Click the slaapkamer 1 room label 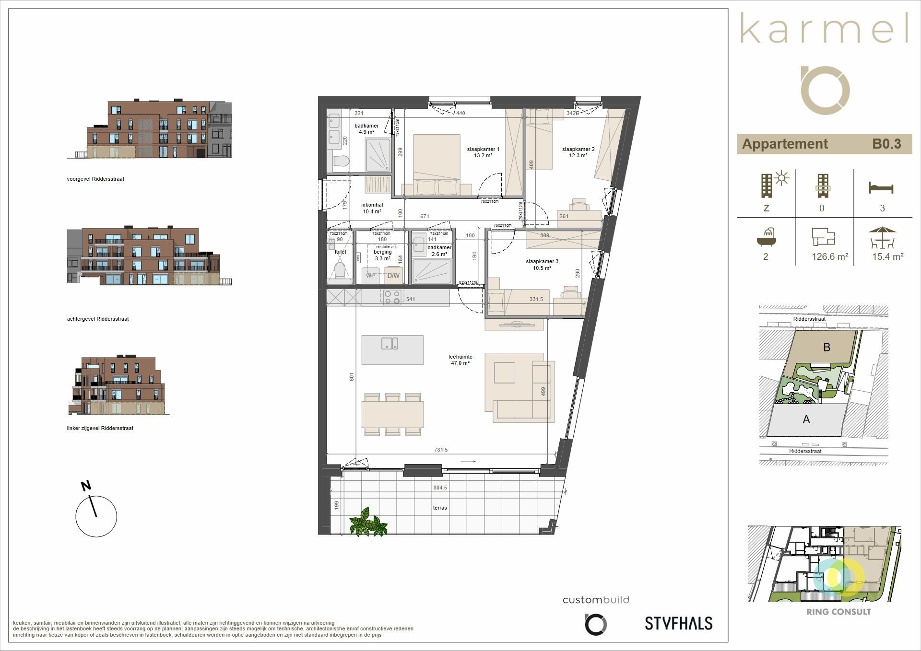tap(483, 152)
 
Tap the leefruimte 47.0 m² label tap(460, 360)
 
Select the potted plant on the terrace tap(368, 522)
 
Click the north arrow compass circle tap(96, 516)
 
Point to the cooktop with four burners tap(392, 297)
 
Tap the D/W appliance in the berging tap(393, 276)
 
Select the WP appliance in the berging tap(370, 276)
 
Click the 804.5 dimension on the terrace tap(440, 488)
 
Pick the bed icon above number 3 tap(881, 187)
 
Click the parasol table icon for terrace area tap(882, 237)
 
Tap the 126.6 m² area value tap(830, 257)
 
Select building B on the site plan tap(827, 347)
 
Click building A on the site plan tap(806, 419)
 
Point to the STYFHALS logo tap(678, 623)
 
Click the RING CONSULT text tap(838, 612)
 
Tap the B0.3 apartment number tap(886, 144)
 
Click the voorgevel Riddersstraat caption tap(95, 179)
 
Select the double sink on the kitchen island tap(389, 343)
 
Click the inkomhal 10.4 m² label tap(372, 208)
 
